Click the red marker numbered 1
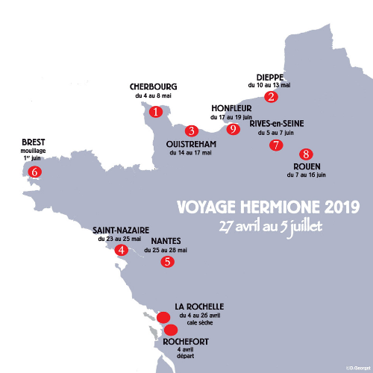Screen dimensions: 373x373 tap(155, 112)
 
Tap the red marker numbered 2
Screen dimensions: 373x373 tap(272, 96)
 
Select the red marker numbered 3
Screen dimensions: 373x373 tap(192, 131)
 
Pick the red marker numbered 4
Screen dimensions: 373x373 tap(121, 250)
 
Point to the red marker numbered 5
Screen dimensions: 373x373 tap(168, 262)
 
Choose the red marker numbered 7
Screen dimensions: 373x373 tap(276, 145)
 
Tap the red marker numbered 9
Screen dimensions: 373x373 tap(233, 129)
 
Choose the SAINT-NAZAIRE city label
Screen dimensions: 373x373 tap(121, 230)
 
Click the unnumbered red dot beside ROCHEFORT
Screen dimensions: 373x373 tap(171, 330)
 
